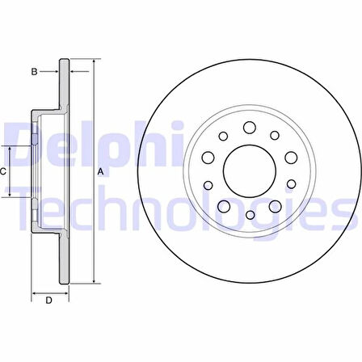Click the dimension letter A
point(101,171)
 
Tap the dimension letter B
point(35,72)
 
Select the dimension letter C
point(3,171)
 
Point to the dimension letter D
point(48,301)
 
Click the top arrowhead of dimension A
point(94,61)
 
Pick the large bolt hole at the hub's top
point(249,127)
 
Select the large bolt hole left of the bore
point(207,158)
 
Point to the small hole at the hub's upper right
point(275,135)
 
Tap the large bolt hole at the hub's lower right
point(274,207)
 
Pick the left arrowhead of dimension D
point(33,290)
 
